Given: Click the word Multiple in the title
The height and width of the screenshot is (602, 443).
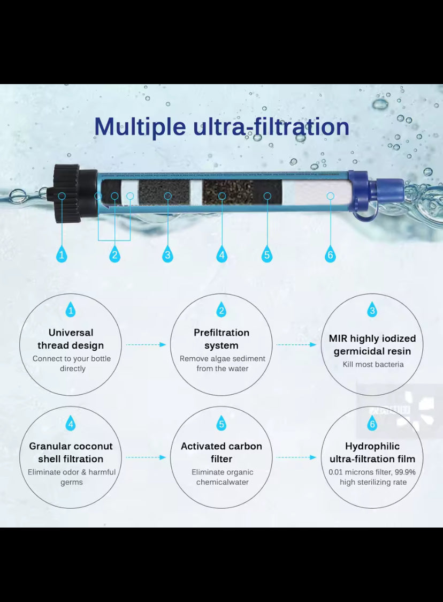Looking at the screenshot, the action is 140,127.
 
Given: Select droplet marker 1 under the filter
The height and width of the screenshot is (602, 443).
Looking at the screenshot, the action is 62,254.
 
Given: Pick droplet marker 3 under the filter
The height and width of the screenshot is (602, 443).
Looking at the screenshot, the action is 167,254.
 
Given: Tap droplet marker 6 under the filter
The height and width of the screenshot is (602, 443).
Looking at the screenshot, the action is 330,254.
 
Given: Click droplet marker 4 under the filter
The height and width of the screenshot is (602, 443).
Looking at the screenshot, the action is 222,254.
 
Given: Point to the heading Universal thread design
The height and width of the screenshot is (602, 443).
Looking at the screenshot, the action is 71,339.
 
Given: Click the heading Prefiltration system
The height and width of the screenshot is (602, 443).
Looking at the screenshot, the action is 222,339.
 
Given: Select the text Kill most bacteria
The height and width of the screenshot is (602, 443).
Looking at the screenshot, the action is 373,364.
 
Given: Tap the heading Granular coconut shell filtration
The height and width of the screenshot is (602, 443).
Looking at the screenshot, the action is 71,452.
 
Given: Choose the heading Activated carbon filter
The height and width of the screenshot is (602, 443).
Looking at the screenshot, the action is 222,452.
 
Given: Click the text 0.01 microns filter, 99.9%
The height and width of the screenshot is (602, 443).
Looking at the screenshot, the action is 372,472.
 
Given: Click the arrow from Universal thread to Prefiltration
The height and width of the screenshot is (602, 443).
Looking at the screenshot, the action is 146,345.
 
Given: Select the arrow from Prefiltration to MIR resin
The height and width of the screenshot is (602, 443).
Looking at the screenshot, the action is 296,345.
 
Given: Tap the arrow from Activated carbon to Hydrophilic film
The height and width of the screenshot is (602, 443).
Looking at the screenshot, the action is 296,457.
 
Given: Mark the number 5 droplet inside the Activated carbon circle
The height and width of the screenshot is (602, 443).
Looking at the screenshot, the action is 222,423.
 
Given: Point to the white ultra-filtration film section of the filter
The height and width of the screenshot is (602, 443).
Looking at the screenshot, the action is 322,193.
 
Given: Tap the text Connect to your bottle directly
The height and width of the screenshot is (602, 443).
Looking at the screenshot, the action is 72,364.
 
